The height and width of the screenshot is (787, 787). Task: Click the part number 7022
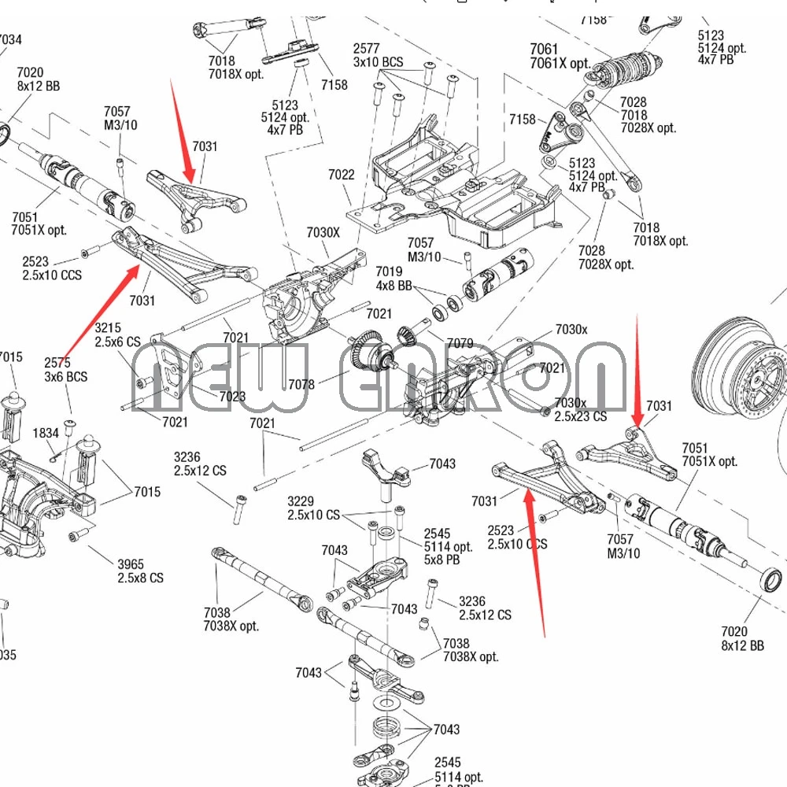click(x=341, y=175)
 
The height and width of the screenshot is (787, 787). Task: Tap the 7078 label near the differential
click(x=301, y=384)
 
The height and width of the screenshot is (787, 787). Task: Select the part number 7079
click(x=460, y=343)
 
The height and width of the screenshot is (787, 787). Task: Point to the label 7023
click(x=232, y=397)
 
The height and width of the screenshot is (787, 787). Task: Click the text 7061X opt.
click(x=560, y=64)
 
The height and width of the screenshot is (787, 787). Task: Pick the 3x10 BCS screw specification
click(x=378, y=62)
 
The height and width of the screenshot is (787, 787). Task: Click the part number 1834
click(x=46, y=434)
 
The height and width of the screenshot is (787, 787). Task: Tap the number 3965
click(x=131, y=563)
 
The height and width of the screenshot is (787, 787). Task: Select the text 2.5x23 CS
click(x=581, y=416)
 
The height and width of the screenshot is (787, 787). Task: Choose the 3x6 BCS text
click(x=65, y=377)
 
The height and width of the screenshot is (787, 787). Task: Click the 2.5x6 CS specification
click(x=117, y=342)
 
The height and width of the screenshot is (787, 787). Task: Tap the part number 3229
click(x=301, y=501)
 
